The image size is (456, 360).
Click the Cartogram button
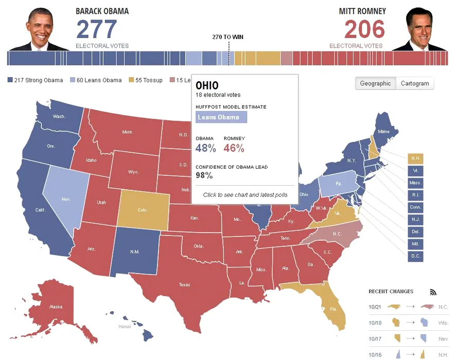point(415,83)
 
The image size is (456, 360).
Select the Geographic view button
point(375,83)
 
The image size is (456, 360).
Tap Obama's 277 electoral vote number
point(97,29)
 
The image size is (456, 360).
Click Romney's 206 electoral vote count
point(364,29)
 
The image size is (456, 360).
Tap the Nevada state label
point(66,199)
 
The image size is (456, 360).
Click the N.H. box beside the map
point(415,158)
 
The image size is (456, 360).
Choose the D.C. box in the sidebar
point(415,256)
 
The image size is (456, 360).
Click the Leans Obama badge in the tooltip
point(221,117)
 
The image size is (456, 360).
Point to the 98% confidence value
point(204,175)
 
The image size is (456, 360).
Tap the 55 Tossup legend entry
point(146,80)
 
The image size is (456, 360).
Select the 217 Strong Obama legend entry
point(36,80)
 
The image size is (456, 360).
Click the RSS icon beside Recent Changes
point(433,292)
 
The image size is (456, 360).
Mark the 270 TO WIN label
point(228,37)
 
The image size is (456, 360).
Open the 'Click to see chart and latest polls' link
point(245,195)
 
